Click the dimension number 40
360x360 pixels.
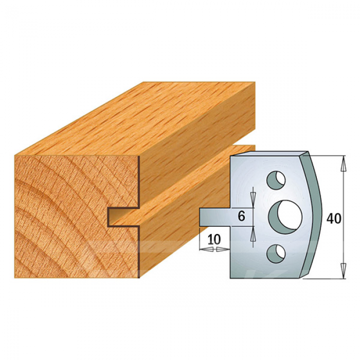tap(334, 218)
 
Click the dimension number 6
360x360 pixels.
tap(241, 217)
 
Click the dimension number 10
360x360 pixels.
tap(214, 240)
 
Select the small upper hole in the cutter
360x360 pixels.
tap(276, 180)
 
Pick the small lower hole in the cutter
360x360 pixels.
tap(276, 254)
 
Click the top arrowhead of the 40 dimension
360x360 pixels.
tap(344, 164)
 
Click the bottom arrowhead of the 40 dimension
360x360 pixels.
tap(344, 271)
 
